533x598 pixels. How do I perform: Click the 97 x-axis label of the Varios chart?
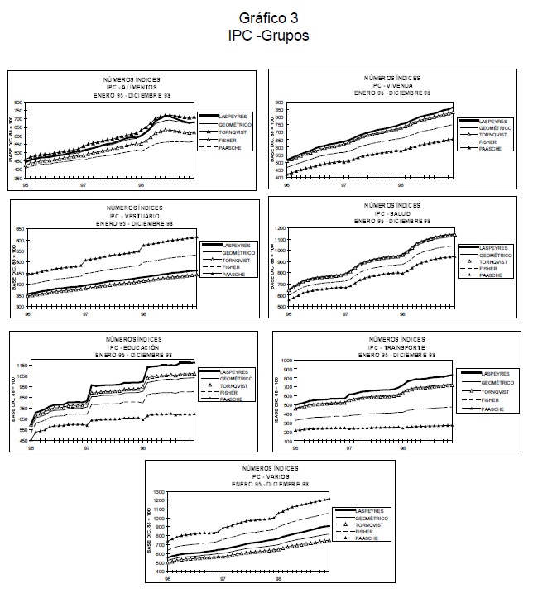[221, 580]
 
